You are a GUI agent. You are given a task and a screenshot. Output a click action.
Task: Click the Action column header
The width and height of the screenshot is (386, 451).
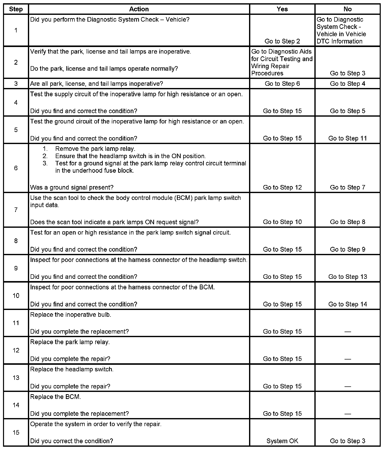click(x=139, y=9)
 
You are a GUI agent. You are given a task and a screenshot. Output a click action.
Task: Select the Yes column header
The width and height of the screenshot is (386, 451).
click(x=282, y=9)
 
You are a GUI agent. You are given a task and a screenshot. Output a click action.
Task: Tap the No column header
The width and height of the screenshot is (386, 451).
click(x=348, y=9)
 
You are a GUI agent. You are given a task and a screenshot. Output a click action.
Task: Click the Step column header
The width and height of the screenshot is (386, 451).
click(x=16, y=9)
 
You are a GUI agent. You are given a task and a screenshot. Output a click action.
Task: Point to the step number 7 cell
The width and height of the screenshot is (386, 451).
click(x=16, y=210)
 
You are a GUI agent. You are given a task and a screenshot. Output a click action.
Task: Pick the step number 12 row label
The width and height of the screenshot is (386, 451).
click(x=16, y=350)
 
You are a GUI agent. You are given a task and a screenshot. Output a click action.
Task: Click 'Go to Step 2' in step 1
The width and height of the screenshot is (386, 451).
click(x=282, y=41)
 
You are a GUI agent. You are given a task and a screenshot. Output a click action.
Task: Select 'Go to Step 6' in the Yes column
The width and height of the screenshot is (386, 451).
click(x=282, y=84)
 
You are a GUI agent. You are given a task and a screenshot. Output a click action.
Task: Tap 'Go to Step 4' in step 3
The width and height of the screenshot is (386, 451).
click(x=348, y=84)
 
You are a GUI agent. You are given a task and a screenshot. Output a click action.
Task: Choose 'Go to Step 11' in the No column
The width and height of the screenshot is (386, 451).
click(x=348, y=138)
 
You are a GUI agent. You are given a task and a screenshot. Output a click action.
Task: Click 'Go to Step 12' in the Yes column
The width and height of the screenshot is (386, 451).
click(x=282, y=187)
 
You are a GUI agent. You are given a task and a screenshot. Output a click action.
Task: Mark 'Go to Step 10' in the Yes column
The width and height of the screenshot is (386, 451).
click(x=282, y=222)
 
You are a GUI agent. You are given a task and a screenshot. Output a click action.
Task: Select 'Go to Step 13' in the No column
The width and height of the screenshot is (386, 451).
click(x=348, y=277)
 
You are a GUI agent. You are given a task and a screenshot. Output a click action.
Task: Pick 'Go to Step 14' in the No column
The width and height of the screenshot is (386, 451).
click(x=348, y=304)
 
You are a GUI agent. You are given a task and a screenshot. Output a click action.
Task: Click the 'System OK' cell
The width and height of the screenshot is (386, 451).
click(x=282, y=441)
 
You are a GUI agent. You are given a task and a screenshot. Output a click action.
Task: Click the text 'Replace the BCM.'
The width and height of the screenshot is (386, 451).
click(x=56, y=397)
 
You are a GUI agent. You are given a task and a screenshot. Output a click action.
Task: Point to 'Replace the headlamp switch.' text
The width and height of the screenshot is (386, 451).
click(x=72, y=369)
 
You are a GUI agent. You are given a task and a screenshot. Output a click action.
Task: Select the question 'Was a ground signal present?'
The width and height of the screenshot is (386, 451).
click(x=72, y=187)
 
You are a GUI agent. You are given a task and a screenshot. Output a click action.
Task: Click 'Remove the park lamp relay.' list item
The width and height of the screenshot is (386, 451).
click(x=95, y=149)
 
